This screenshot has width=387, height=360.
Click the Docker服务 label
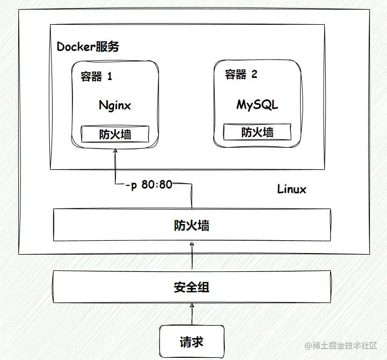[x=88, y=47]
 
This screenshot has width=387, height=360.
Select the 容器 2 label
[x=241, y=74]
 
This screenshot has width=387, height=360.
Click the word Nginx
[x=115, y=105]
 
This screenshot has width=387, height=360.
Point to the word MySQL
[x=258, y=104]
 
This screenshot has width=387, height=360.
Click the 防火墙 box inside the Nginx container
[x=115, y=134]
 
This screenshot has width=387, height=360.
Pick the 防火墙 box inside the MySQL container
[x=258, y=132]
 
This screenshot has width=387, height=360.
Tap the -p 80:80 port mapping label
[x=148, y=185]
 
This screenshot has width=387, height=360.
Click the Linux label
[x=292, y=189]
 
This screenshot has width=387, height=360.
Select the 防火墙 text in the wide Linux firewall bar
[x=192, y=225]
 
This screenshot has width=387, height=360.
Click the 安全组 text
[x=192, y=287]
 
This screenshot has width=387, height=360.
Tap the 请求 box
[x=192, y=341]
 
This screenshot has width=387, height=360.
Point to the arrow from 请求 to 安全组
[x=192, y=313]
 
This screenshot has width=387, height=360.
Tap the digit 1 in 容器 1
[x=109, y=76]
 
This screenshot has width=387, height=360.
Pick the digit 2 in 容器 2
[x=254, y=74]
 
